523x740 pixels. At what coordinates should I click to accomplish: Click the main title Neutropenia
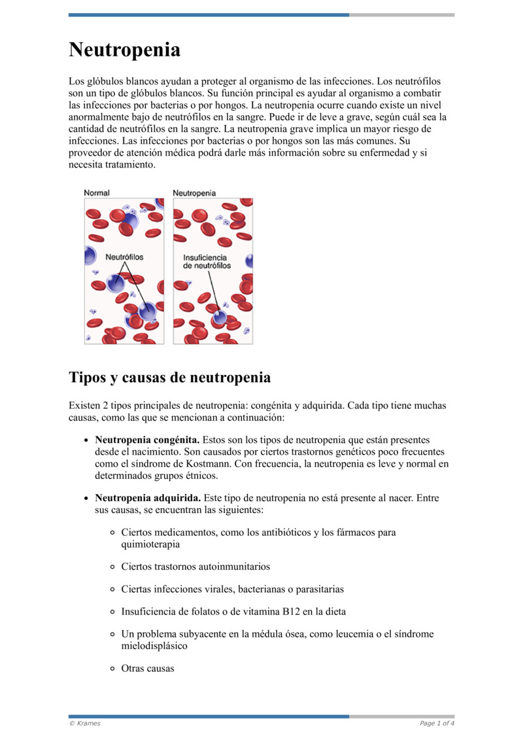(x=124, y=50)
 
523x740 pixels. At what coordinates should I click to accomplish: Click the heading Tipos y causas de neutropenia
(x=169, y=378)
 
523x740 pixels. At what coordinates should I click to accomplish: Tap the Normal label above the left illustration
(x=97, y=193)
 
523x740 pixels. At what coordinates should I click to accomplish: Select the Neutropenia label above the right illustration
(x=194, y=193)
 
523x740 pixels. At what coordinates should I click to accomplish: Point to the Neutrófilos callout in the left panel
(x=124, y=257)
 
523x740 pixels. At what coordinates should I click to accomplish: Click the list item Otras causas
(x=148, y=669)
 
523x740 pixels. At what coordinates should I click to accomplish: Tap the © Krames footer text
(x=84, y=723)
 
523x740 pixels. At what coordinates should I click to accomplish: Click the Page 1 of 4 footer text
(x=437, y=723)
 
